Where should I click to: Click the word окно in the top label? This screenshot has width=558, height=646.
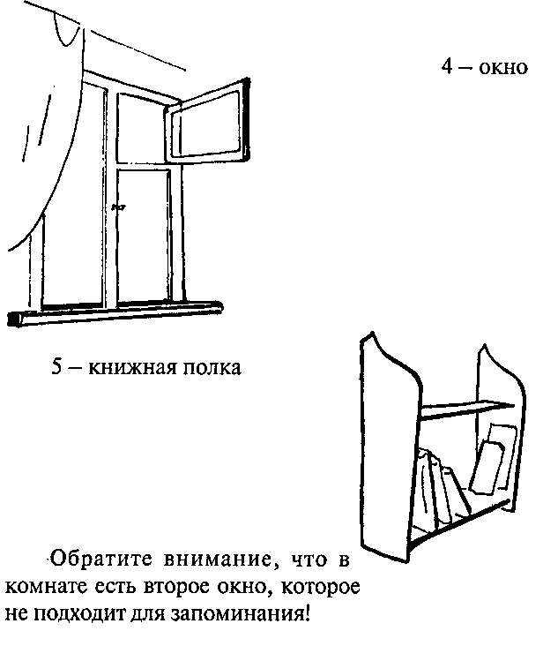tap(503, 68)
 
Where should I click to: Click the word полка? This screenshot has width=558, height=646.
tap(210, 367)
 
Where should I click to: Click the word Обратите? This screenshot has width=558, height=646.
tap(93, 560)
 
